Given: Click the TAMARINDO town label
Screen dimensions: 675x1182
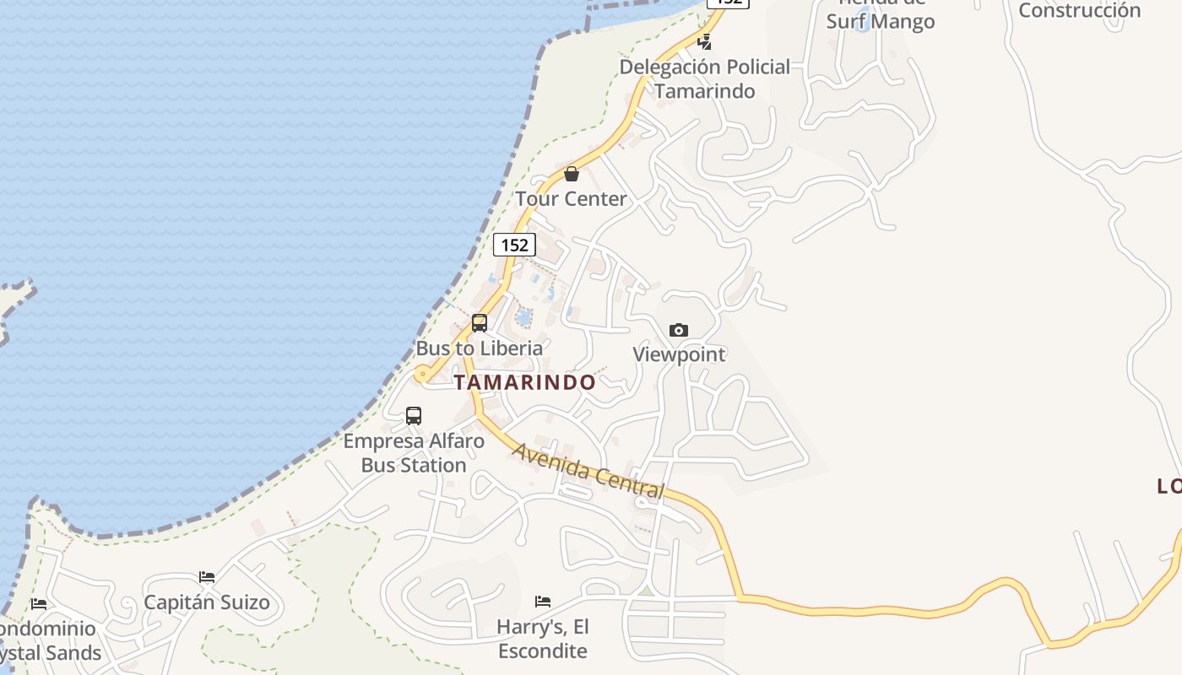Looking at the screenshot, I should tap(525, 382).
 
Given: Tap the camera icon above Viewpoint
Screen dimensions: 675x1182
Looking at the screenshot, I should tap(679, 330).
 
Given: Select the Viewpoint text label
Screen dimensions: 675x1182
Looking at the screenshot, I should tap(679, 354).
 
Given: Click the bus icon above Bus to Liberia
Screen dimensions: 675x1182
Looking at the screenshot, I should tap(480, 322).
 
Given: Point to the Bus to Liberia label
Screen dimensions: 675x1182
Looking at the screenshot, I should tap(480, 348).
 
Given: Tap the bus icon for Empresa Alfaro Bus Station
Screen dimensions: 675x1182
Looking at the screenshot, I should tap(414, 415).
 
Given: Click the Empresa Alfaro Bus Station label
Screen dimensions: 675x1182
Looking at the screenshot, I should tap(414, 452).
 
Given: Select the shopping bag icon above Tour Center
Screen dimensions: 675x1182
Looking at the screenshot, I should tap(572, 174).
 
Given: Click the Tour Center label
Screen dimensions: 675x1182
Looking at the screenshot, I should tap(572, 199).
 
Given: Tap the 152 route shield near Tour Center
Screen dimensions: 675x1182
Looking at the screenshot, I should tap(514, 245).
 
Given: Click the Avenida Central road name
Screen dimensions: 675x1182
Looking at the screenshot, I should tap(588, 471).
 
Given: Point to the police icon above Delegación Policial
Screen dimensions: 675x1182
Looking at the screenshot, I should tap(704, 41).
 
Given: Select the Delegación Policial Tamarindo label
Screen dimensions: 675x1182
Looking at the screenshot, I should tap(705, 78).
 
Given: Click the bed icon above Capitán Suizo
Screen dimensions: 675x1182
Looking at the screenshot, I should tap(207, 577).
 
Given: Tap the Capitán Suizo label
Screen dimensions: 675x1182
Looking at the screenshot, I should tap(207, 602).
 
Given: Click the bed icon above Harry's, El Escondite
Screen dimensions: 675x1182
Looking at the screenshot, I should tap(543, 602).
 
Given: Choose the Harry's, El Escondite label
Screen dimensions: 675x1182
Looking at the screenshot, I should tap(543, 639).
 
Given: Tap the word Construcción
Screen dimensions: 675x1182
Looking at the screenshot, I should tap(1079, 10).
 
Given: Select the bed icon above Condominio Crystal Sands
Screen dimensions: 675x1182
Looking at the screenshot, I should tap(39, 604).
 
